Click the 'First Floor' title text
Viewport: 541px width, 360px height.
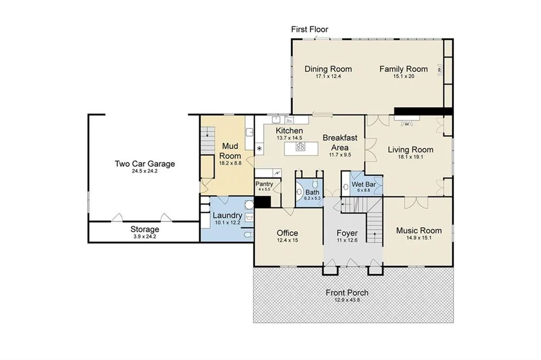(x=310, y=30)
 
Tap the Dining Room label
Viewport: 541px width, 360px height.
(x=328, y=69)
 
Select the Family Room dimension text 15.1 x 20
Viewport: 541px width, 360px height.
(x=404, y=76)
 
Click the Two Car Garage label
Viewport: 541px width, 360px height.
(x=145, y=164)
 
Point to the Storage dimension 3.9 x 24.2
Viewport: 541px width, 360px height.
(x=145, y=236)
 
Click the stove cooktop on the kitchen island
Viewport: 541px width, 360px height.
(x=301, y=147)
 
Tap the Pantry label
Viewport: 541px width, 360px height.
(x=264, y=184)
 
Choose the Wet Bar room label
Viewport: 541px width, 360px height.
(x=363, y=184)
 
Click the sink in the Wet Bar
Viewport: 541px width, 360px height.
(x=346, y=187)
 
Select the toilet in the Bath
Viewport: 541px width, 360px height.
(x=315, y=183)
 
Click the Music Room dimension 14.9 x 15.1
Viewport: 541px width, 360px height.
(x=419, y=238)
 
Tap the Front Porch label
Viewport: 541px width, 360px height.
(x=347, y=293)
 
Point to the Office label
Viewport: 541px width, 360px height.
(x=287, y=233)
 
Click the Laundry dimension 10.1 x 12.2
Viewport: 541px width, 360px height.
(x=227, y=223)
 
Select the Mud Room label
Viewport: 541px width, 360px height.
(x=230, y=150)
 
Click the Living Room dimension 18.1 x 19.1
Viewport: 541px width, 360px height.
(x=411, y=157)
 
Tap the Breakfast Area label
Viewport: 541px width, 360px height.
(x=340, y=143)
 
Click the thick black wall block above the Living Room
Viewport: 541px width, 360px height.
(x=423, y=111)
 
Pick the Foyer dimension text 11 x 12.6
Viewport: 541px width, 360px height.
(x=347, y=240)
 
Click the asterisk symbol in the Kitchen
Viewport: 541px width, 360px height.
(x=259, y=149)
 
